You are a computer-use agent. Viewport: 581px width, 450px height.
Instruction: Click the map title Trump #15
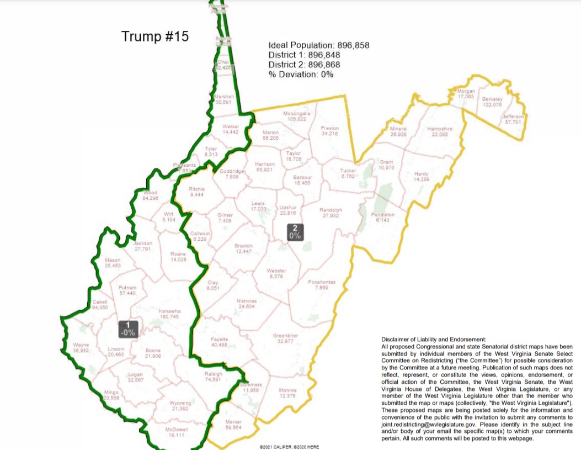click(x=155, y=37)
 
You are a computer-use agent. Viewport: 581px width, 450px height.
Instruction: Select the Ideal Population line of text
click(x=319, y=45)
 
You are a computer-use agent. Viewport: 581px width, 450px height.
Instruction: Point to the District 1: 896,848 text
click(x=304, y=55)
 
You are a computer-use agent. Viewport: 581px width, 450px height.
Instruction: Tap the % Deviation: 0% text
click(x=301, y=74)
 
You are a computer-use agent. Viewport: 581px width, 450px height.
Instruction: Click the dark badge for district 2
click(x=295, y=232)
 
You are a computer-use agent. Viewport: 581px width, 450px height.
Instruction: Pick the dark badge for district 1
click(x=128, y=329)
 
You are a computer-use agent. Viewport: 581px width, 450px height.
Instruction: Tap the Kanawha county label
click(x=169, y=314)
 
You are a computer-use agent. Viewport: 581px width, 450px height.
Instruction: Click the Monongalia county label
click(x=297, y=116)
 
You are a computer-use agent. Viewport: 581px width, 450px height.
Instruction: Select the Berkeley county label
click(x=492, y=102)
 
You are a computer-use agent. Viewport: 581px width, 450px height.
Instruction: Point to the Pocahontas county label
click(x=322, y=285)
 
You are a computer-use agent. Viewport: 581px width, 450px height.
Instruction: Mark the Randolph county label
click(x=331, y=213)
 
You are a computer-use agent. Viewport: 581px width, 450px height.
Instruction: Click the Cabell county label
click(x=100, y=304)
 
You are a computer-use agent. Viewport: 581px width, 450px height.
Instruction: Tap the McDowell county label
click(x=177, y=432)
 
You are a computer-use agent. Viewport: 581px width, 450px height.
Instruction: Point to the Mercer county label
click(x=234, y=425)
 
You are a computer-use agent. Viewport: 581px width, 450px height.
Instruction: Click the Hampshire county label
click(x=440, y=131)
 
